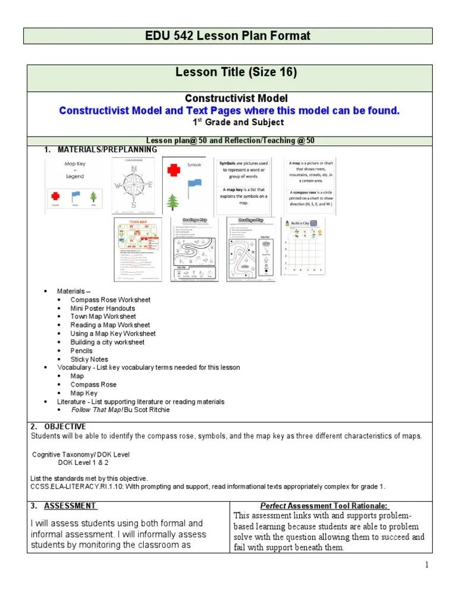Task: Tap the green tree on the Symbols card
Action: point(174,202)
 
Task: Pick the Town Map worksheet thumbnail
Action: point(138,249)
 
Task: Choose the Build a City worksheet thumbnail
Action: point(303,246)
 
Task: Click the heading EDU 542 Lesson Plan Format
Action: point(228,36)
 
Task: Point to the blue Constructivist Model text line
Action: point(229,110)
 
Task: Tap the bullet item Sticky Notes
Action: point(89,359)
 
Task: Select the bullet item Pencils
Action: point(81,350)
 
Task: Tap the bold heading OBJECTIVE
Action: point(65,426)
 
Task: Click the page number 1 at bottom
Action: point(426,565)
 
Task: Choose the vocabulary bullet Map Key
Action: point(84,393)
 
